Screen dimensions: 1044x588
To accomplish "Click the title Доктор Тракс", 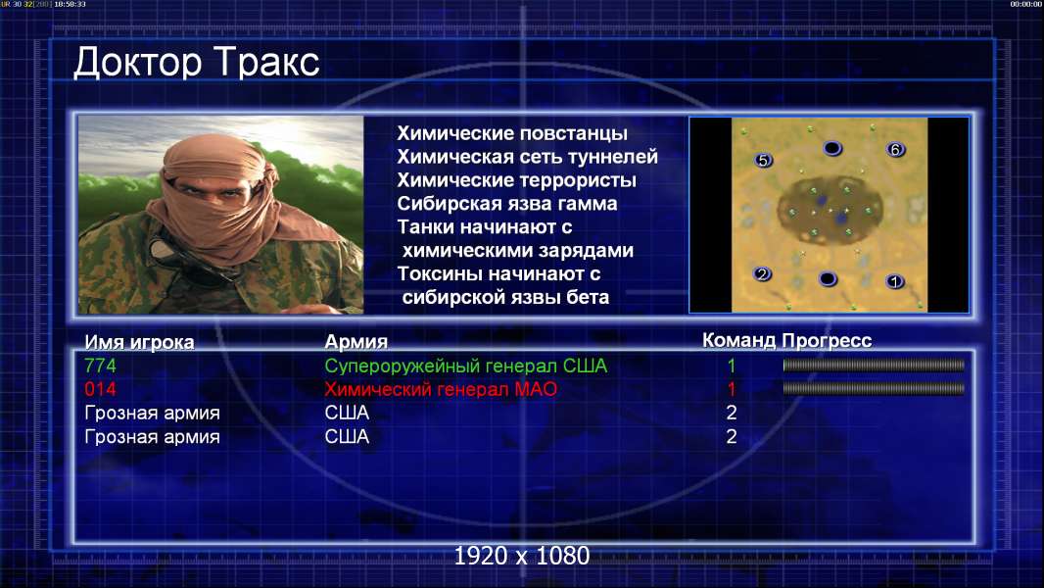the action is coord(197,62).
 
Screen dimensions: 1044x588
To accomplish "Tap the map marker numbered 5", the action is coord(763,160).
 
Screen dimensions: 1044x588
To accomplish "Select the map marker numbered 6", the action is coord(895,150).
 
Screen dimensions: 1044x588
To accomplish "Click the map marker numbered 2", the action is coord(762,273).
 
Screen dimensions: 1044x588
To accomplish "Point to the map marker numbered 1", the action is coord(895,281).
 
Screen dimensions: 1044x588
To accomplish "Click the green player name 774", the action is coord(100,366).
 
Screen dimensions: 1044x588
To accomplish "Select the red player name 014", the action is coord(100,389).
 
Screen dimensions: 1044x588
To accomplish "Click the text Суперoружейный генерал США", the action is coord(466,366).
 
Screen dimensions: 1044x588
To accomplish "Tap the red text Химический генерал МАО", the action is coord(441,389).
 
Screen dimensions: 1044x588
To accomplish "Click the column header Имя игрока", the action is coord(139,342).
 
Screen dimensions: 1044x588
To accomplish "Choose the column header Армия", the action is coord(356,342).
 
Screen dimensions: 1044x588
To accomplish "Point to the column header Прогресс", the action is coord(827,341).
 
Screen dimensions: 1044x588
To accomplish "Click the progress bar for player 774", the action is coord(874,365).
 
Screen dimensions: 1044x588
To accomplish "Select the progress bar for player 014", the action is coord(874,388).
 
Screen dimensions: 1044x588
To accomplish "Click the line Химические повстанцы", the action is coord(512,133).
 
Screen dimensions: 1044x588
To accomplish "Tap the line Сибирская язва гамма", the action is coord(507,203).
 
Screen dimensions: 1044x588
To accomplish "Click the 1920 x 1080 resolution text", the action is coord(522,556).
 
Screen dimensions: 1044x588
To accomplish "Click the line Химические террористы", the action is coord(517,179).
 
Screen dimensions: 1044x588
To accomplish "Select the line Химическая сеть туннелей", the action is coord(527,157).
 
